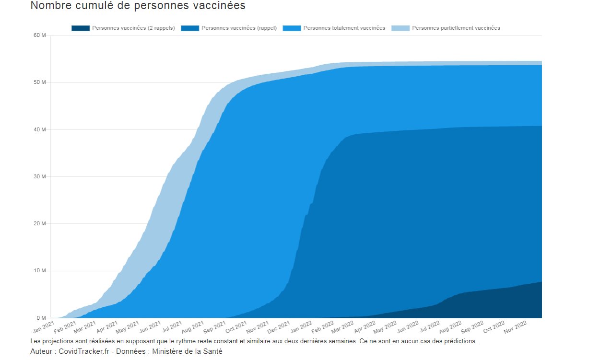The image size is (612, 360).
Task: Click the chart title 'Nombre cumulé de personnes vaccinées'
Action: (x=138, y=6)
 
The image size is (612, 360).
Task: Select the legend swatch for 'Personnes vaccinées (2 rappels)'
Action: (x=81, y=28)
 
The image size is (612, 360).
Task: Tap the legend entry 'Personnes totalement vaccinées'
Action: (x=344, y=28)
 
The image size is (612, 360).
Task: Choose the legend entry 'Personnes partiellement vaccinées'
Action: (x=456, y=28)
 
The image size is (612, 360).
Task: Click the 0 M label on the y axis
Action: (x=41, y=318)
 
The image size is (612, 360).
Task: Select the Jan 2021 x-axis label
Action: (x=45, y=327)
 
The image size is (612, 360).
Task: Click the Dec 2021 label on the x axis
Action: (x=279, y=327)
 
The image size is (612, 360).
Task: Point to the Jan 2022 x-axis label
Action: (x=301, y=327)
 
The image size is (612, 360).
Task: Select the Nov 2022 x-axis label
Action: (x=516, y=327)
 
